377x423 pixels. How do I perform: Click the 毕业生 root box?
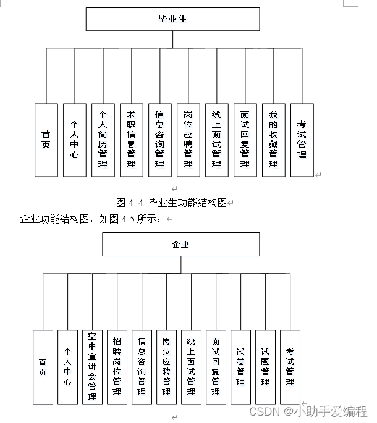[x=172, y=19]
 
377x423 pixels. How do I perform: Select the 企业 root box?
[x=180, y=244]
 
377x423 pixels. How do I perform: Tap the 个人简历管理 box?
[x=103, y=140]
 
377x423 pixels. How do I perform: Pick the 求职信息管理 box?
[x=131, y=140]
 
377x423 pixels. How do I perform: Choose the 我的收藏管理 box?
[x=273, y=140]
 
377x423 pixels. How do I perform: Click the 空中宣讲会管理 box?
[x=92, y=367]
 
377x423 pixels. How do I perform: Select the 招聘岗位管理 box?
[x=117, y=367]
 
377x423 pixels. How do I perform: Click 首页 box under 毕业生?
[x=46, y=140]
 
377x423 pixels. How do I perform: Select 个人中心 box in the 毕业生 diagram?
[x=75, y=140]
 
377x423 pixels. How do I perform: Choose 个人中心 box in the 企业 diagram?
[x=67, y=367]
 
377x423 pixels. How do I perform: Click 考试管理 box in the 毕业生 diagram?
[x=302, y=140]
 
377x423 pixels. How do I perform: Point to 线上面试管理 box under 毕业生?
[x=216, y=140]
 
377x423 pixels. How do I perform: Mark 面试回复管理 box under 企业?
[x=216, y=367]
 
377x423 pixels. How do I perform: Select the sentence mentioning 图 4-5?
[x=91, y=218]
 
